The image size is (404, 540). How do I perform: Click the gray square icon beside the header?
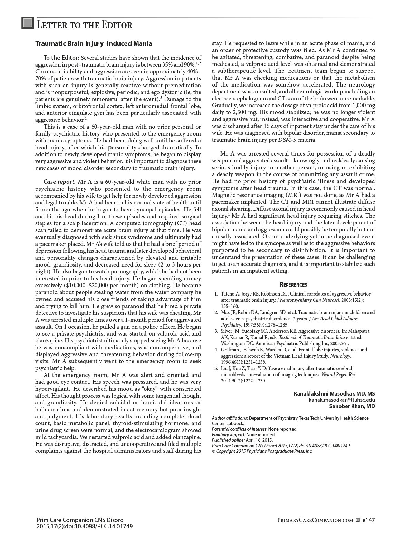click(28, 23)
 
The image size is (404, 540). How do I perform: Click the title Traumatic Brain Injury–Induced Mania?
click(94, 44)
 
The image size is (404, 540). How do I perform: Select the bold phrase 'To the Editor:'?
click(61, 58)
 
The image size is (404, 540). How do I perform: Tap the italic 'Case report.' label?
click(59, 182)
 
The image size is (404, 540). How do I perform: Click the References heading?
click(293, 284)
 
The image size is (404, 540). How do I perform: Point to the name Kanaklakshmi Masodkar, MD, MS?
click(334, 394)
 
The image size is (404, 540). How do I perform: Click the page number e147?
click(368, 520)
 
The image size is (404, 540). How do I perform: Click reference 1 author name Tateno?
click(228, 294)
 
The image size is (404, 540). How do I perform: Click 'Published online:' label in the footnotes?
click(228, 440)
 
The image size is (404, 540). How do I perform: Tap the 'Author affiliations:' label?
click(230, 418)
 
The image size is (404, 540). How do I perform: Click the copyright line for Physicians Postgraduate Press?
click(262, 451)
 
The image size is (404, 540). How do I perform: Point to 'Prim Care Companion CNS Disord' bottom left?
click(80, 520)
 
